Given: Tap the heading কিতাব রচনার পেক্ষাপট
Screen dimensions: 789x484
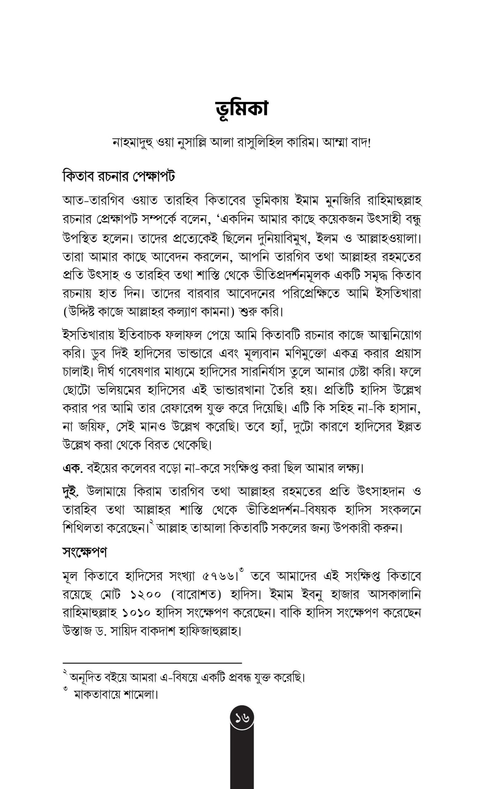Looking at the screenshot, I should [x=119, y=176].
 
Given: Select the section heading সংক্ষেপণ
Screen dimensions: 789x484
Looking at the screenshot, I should [x=85, y=552].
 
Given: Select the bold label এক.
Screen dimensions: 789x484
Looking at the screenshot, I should [x=72, y=468].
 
